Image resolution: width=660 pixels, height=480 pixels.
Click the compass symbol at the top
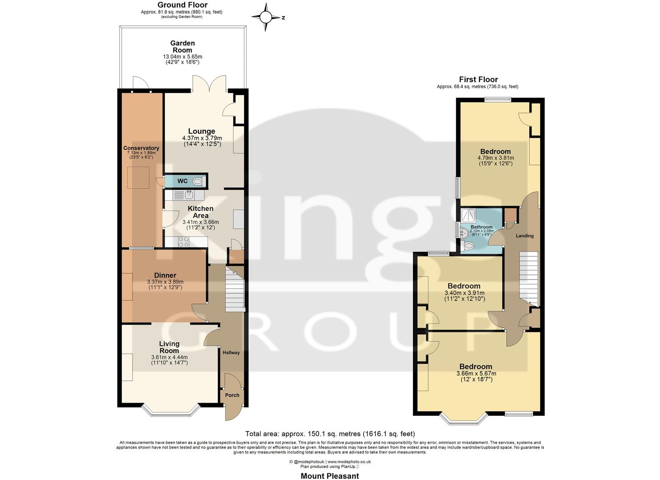[x=266, y=17]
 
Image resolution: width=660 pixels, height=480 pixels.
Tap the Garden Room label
[x=182, y=47]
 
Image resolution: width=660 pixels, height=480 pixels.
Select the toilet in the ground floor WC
[x=198, y=181]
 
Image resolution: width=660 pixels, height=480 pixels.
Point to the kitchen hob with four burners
[x=183, y=242]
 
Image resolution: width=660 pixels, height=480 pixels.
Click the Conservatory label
[x=141, y=148]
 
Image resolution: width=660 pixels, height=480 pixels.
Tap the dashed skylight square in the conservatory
[x=139, y=177]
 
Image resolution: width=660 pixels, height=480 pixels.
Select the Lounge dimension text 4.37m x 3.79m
[x=202, y=138]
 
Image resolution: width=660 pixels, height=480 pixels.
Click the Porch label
[x=232, y=395]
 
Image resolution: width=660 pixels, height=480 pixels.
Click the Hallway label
[x=231, y=352]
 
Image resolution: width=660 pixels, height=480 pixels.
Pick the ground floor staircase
[x=235, y=289]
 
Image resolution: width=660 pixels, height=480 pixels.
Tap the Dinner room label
[x=165, y=276]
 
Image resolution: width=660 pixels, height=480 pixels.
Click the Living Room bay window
[x=169, y=411]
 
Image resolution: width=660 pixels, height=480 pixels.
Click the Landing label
[x=524, y=236]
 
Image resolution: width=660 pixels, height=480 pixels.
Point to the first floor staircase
[x=529, y=278]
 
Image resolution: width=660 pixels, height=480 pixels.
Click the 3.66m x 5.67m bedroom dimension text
[x=476, y=374]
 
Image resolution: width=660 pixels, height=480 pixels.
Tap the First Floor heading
[x=478, y=80]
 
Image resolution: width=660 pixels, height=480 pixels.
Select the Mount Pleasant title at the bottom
[x=330, y=476]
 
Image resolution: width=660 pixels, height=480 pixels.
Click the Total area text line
[x=330, y=434]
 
